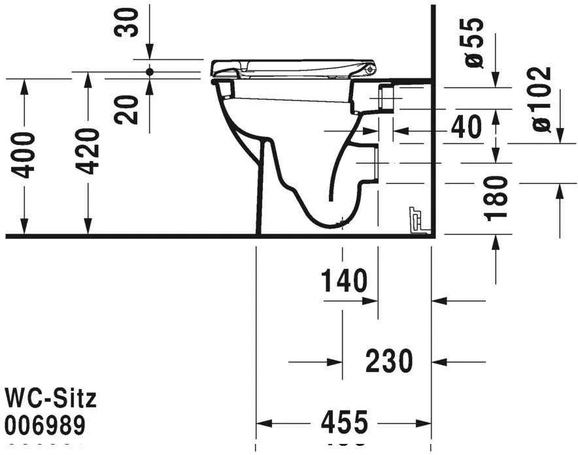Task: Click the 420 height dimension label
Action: point(87,151)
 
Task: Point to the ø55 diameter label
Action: point(475,42)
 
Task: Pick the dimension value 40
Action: point(466,127)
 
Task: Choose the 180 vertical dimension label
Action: point(498,197)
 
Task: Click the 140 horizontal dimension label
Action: point(344,281)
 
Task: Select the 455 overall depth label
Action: point(345,423)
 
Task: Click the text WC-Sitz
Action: point(50,398)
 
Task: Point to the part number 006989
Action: point(45,426)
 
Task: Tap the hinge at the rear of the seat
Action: point(371,68)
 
